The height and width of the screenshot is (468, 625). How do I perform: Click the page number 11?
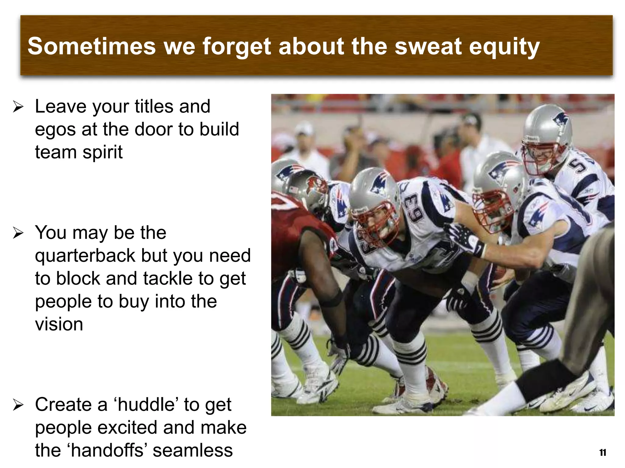pyautogui.click(x=602, y=453)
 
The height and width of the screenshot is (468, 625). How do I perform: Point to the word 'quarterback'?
pyautogui.click(x=85, y=256)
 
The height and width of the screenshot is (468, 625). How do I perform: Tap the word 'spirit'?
pyautogui.click(x=103, y=152)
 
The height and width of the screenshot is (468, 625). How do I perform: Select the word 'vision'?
pyautogui.click(x=59, y=324)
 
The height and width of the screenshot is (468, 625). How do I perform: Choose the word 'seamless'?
pyautogui.click(x=193, y=450)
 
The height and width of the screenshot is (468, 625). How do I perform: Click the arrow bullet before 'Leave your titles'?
pyautogui.click(x=18, y=107)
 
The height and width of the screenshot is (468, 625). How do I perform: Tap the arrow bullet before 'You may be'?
pyautogui.click(x=18, y=233)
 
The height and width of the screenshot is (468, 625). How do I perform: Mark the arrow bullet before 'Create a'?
pyautogui.click(x=18, y=406)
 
